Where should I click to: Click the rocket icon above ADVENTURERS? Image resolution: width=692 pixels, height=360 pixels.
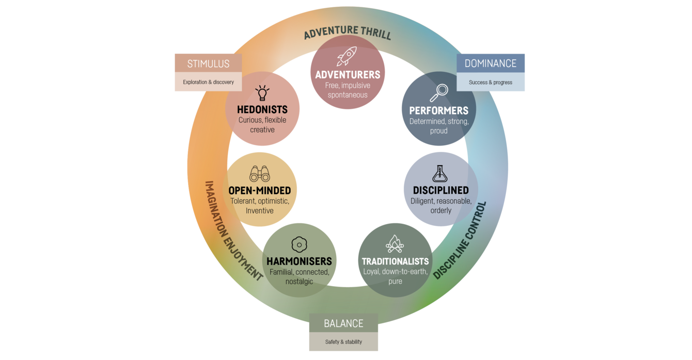coord(347,56)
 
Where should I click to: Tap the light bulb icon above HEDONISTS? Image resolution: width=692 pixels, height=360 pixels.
coord(262,93)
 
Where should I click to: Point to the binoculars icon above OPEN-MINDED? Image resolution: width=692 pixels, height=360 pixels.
coord(259,174)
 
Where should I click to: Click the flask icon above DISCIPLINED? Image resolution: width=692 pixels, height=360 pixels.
coord(440,174)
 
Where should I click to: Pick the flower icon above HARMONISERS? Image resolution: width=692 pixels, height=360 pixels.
coord(299,244)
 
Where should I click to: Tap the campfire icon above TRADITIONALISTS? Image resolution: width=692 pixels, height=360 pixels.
coord(395,244)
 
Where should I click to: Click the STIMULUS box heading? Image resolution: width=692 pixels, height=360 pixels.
coord(208,64)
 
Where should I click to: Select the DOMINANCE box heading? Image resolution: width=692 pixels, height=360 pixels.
coord(491,64)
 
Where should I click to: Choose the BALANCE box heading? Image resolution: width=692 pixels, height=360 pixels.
coord(343,323)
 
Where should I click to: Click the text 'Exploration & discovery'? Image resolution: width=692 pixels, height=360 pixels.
coord(208,82)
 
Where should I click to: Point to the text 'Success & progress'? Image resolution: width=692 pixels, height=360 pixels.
coord(491,82)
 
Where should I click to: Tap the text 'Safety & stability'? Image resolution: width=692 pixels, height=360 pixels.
coord(343,342)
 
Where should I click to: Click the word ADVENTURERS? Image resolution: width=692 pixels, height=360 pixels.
coord(348,75)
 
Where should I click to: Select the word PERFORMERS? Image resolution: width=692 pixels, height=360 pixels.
coord(438,111)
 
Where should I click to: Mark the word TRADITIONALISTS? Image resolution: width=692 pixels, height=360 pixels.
coord(395,261)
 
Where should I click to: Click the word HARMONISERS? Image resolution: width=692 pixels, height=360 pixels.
coord(299,261)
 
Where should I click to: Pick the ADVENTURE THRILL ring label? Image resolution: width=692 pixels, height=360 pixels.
coord(347,33)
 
